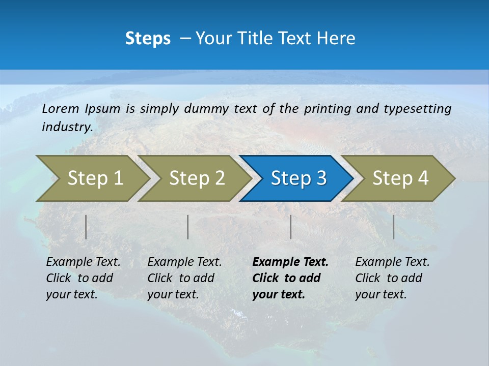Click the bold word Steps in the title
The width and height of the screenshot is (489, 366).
(148, 39)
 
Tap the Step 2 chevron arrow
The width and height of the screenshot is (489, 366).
(197, 178)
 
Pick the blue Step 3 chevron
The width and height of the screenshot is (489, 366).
(298, 178)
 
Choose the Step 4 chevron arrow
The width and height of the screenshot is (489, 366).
(400, 178)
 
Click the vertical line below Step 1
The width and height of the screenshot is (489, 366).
(86, 227)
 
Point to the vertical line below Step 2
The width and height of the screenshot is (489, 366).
(188, 227)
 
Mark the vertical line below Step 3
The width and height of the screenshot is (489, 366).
(290, 227)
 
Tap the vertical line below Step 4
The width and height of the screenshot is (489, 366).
(393, 227)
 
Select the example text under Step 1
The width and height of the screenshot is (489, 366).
(83, 278)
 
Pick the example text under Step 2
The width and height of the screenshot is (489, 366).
(184, 278)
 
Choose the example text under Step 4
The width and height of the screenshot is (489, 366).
(392, 278)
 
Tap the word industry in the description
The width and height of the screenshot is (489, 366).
(67, 127)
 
